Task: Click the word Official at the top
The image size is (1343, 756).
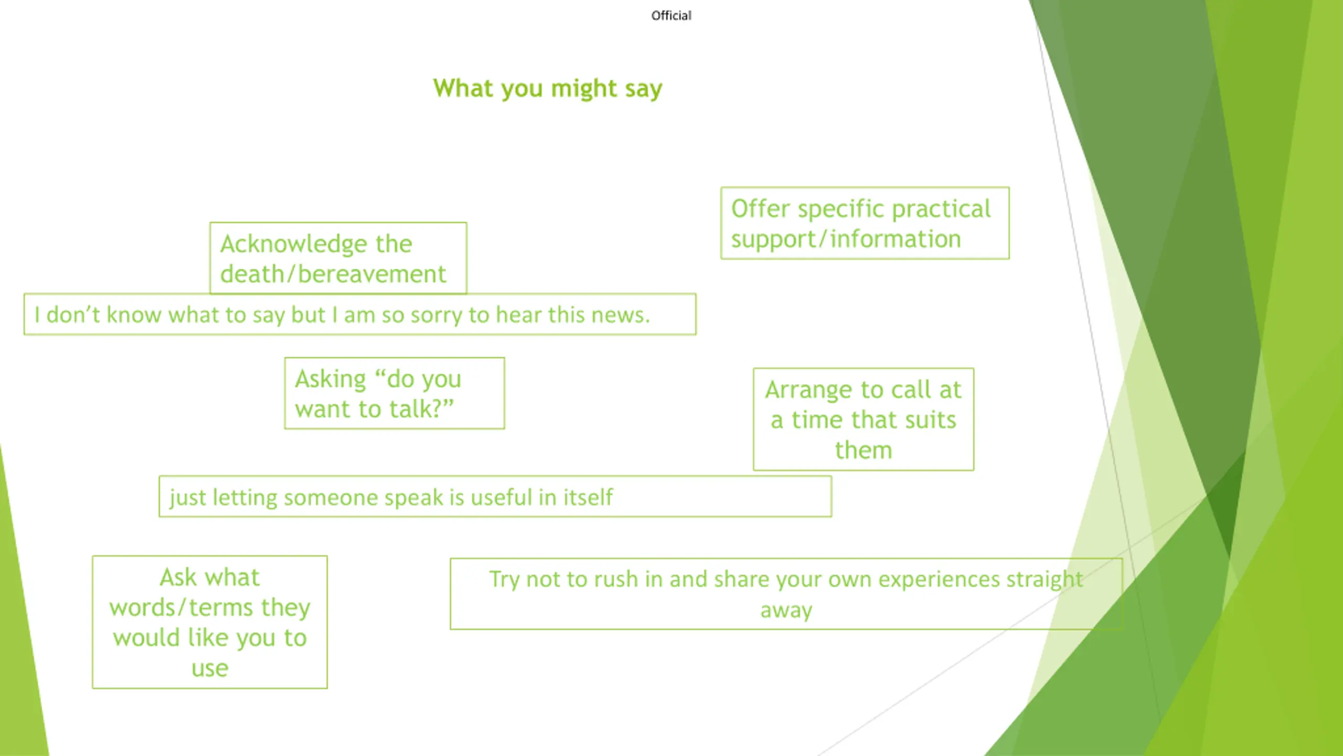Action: (671, 16)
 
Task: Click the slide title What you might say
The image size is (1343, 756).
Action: (547, 88)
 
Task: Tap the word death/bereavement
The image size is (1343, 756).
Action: (333, 275)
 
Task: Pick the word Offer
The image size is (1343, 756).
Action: (760, 209)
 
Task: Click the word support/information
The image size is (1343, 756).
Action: (846, 239)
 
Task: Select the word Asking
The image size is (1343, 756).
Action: (330, 379)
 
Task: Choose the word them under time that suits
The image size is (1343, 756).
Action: (863, 450)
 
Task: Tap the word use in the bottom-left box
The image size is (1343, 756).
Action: (209, 668)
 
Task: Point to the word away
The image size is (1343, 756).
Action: (786, 610)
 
